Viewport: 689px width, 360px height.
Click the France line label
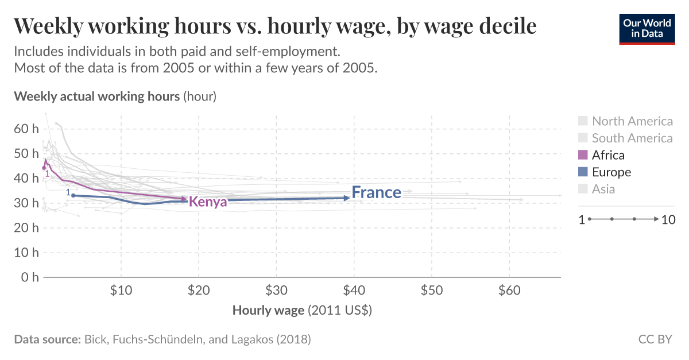pyautogui.click(x=376, y=192)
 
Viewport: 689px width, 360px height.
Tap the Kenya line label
pyautogui.click(x=208, y=202)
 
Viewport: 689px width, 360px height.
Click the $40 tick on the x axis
pyautogui.click(x=354, y=291)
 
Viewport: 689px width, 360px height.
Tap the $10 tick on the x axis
pyautogui.click(x=121, y=291)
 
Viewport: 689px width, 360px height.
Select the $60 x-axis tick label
pyautogui.click(x=509, y=291)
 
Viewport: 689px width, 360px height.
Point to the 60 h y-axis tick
pyautogui.click(x=26, y=129)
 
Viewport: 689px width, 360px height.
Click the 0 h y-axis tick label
pyautogui.click(x=29, y=277)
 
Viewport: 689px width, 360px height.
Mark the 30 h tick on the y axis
pyautogui.click(x=26, y=203)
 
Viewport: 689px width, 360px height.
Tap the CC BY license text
pyautogui.click(x=655, y=339)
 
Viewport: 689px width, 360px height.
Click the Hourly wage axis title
pyautogui.click(x=303, y=311)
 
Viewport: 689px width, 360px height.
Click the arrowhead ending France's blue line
pyautogui.click(x=347, y=198)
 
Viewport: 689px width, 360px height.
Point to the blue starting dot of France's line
pyautogui.click(x=73, y=196)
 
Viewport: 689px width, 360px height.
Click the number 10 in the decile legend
pyautogui.click(x=668, y=219)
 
